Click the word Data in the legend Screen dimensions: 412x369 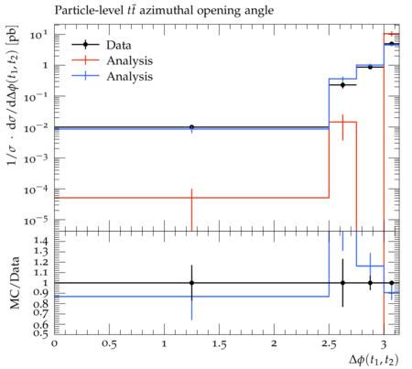[119, 45]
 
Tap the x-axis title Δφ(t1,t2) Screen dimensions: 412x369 [374, 360]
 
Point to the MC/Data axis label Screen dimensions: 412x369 [15, 283]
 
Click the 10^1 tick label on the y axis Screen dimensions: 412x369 [39, 35]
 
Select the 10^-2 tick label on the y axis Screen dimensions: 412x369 [37, 127]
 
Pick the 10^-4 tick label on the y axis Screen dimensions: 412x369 [37, 190]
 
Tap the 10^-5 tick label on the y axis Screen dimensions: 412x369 [37, 221]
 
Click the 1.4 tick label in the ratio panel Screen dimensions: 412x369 [41, 241]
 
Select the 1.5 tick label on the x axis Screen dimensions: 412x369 [219, 344]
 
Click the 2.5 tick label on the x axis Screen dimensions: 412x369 [329, 344]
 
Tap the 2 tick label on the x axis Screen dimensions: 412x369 [274, 344]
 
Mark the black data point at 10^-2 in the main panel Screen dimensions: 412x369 [191, 127]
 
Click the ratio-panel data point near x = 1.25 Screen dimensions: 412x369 [191, 283]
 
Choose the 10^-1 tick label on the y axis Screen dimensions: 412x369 [37, 97]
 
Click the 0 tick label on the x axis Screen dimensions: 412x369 [55, 344]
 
